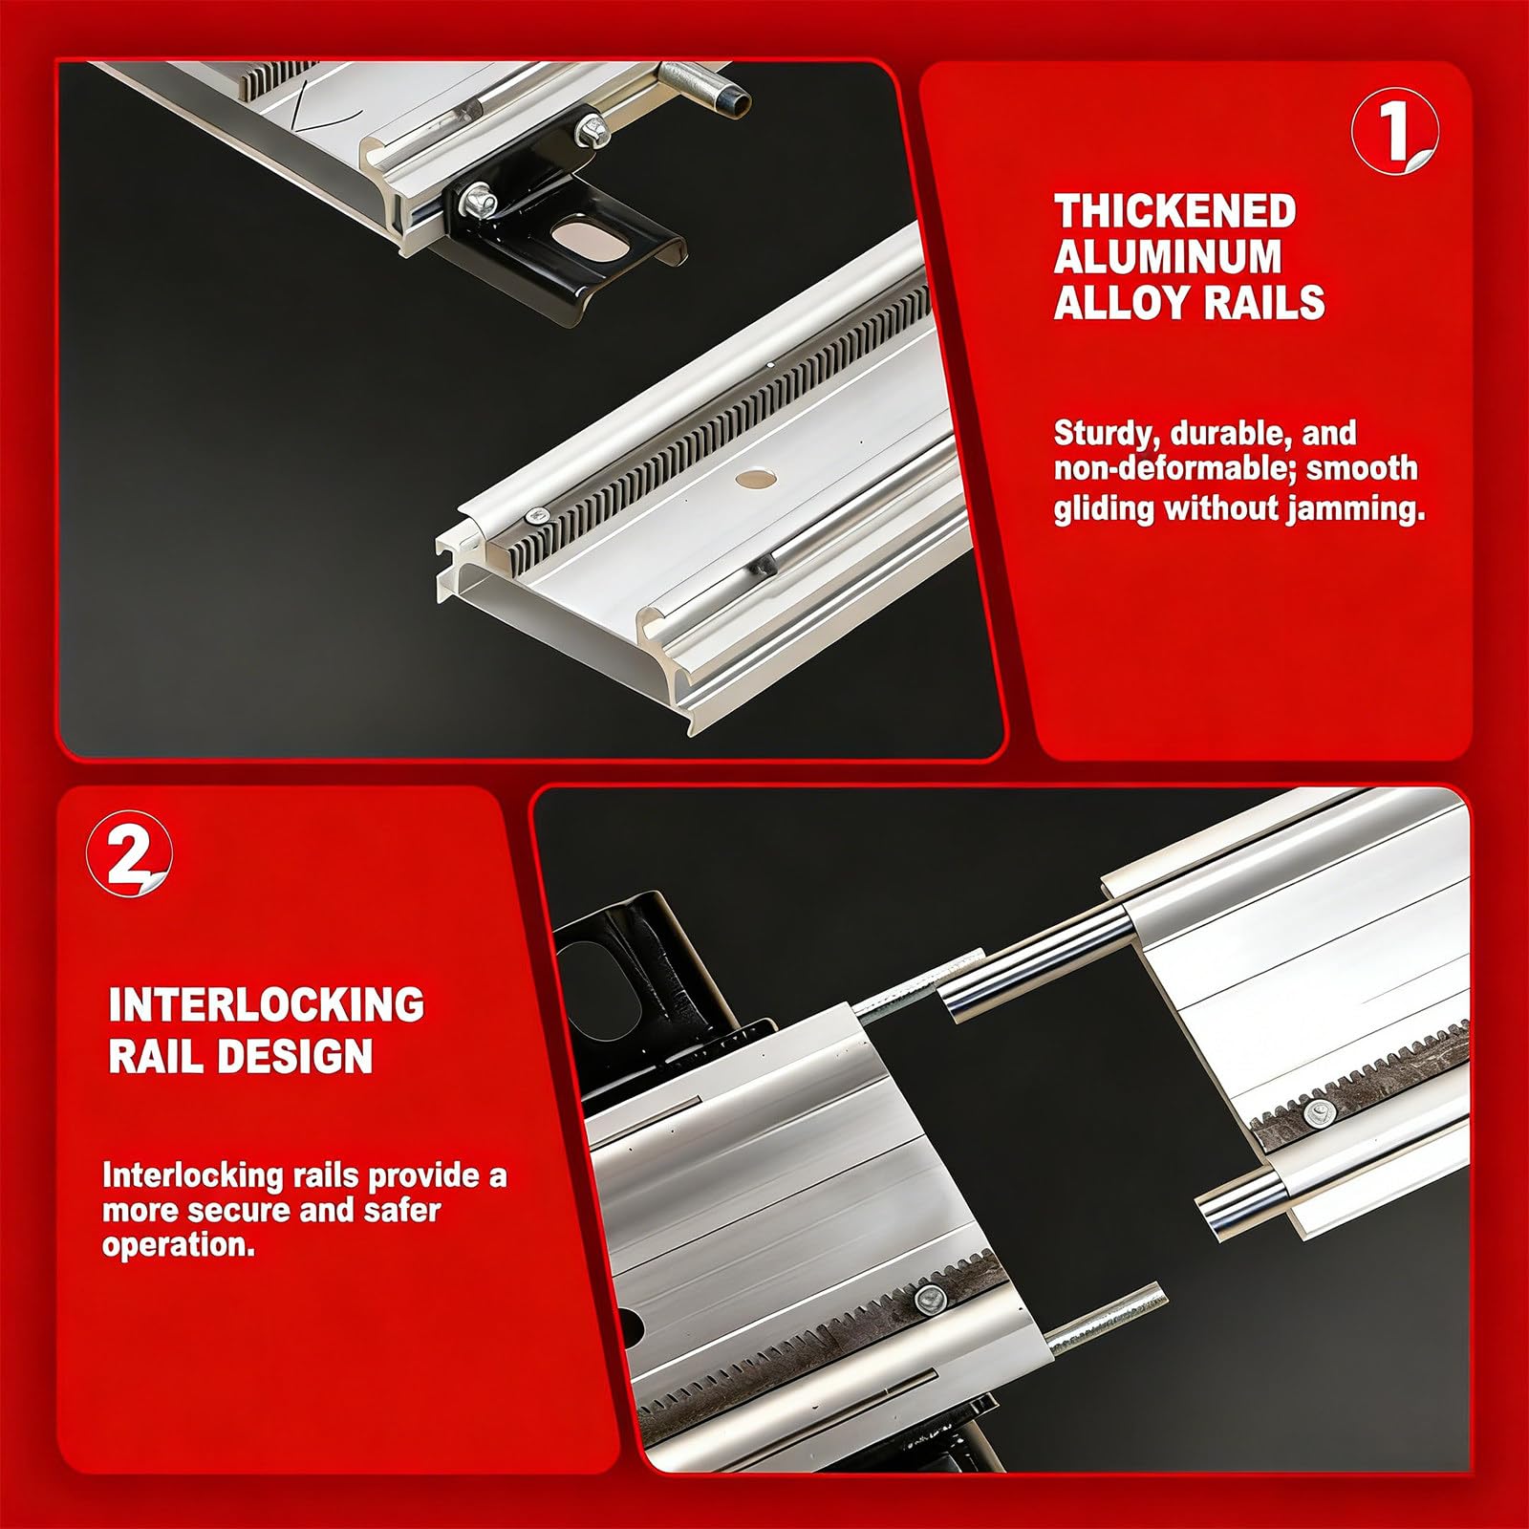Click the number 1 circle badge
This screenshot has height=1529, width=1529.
click(x=1394, y=131)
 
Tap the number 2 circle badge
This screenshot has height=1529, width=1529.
click(x=130, y=853)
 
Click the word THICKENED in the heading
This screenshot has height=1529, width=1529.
click(x=1174, y=211)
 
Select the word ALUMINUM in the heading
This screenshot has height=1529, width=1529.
click(x=1168, y=256)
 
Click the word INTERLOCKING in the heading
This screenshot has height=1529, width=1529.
click(x=267, y=1005)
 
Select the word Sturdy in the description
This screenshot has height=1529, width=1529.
click(x=1107, y=434)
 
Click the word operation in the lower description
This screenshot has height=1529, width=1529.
click(x=178, y=1246)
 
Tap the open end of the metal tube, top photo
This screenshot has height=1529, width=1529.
click(x=735, y=101)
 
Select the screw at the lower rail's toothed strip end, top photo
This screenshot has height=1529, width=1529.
click(x=538, y=516)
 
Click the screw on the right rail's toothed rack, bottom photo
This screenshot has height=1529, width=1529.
click(x=1321, y=1110)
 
